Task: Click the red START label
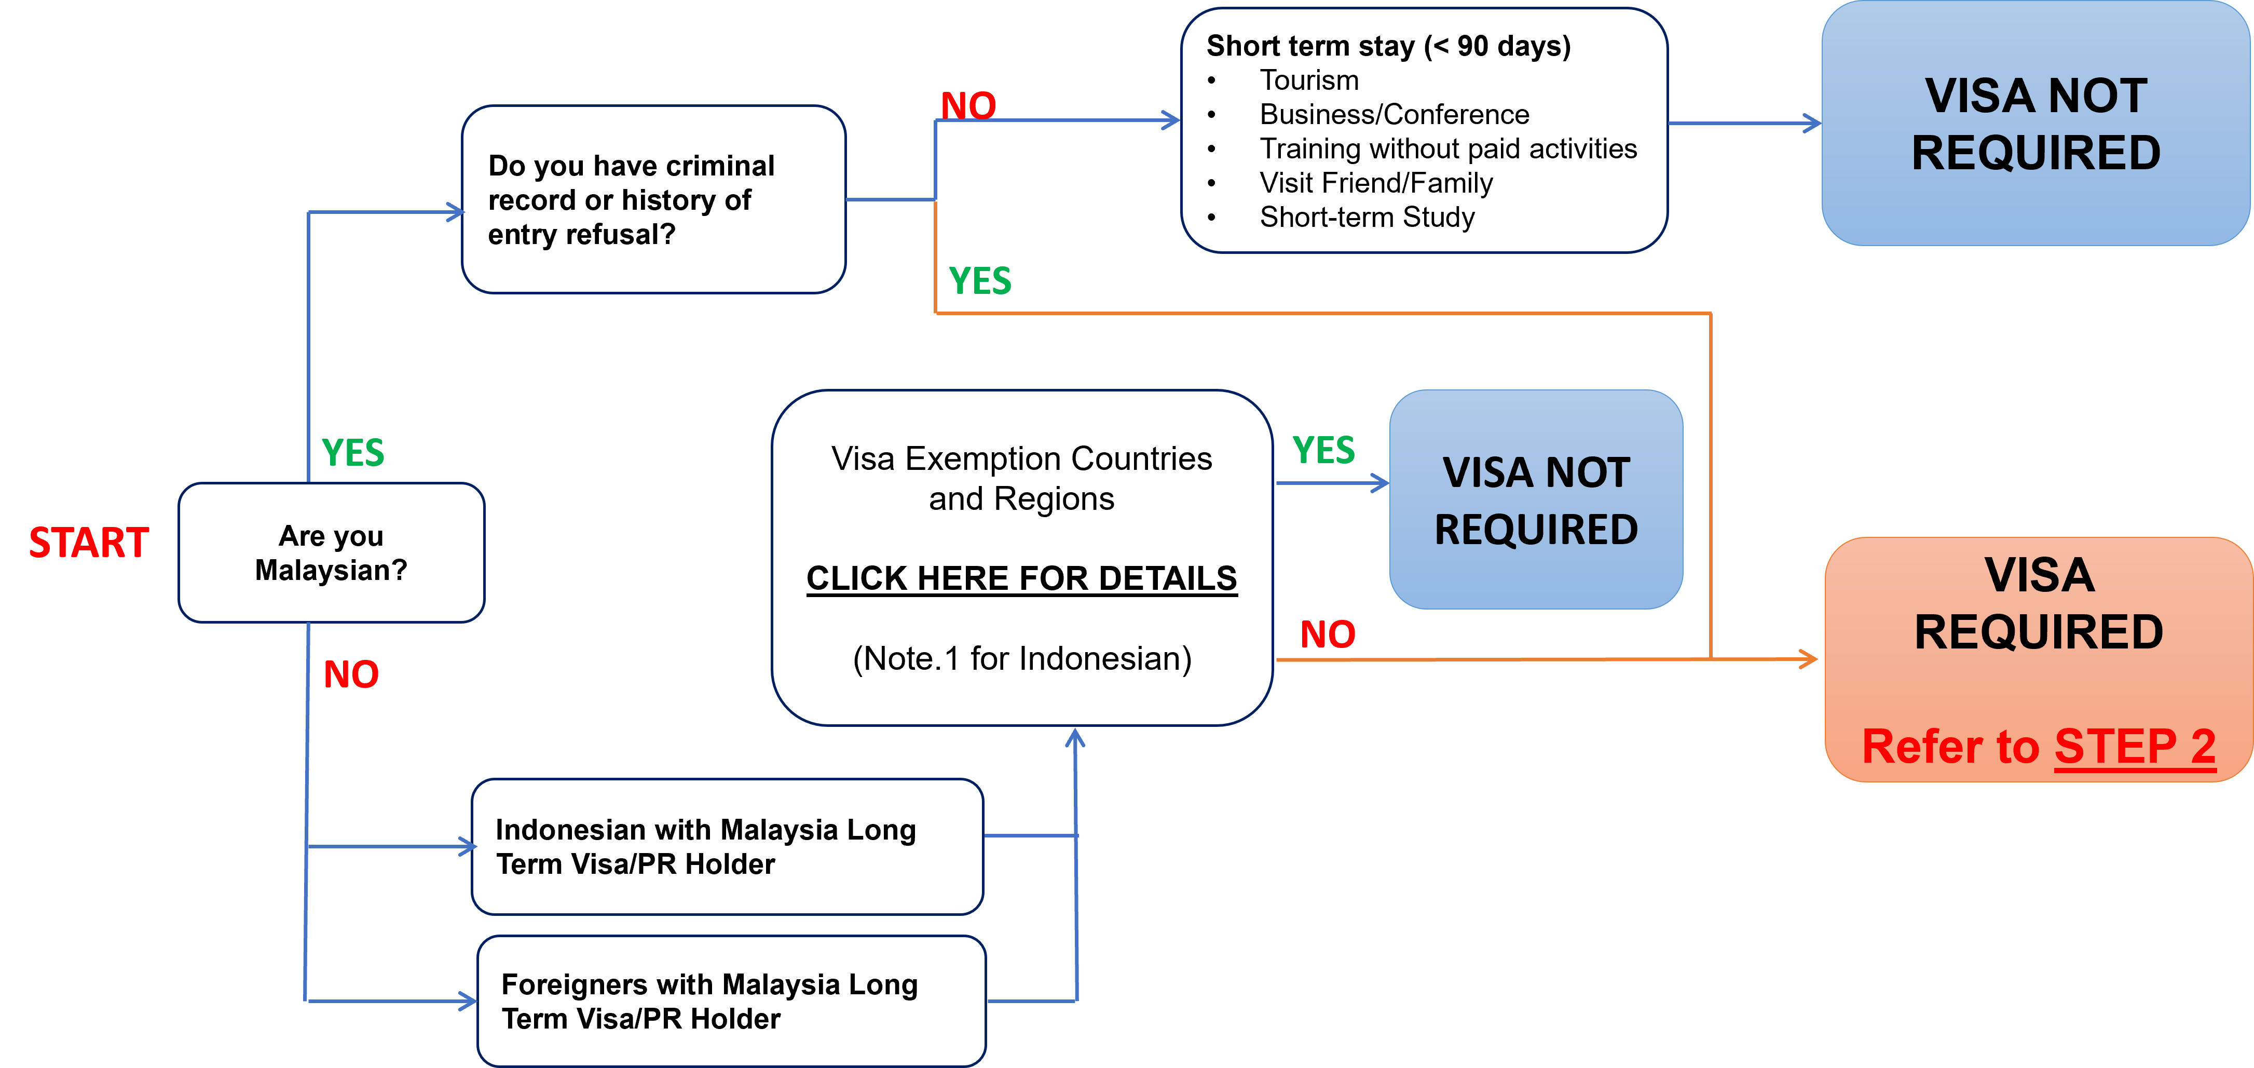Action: pos(88,543)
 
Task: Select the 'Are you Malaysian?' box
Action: pos(332,552)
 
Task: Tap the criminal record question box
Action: pos(653,199)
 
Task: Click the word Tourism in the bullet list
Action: pos(1309,80)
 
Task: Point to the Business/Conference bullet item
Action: pos(1394,115)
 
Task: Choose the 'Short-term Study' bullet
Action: pos(1367,217)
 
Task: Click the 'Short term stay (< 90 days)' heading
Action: pos(1389,46)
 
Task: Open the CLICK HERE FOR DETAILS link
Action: pos(1022,578)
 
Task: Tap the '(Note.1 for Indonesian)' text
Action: pos(1022,658)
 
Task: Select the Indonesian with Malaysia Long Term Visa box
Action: pos(727,846)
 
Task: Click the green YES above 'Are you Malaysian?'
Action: pos(352,453)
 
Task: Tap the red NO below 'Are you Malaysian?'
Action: pos(351,675)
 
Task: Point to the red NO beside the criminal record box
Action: pos(968,106)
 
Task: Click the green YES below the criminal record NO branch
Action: pos(980,281)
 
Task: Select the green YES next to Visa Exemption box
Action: pos(1324,450)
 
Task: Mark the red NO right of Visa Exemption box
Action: pos(1328,634)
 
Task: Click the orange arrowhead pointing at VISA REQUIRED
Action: pos(1808,658)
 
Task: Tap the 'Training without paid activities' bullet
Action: pos(1448,149)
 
